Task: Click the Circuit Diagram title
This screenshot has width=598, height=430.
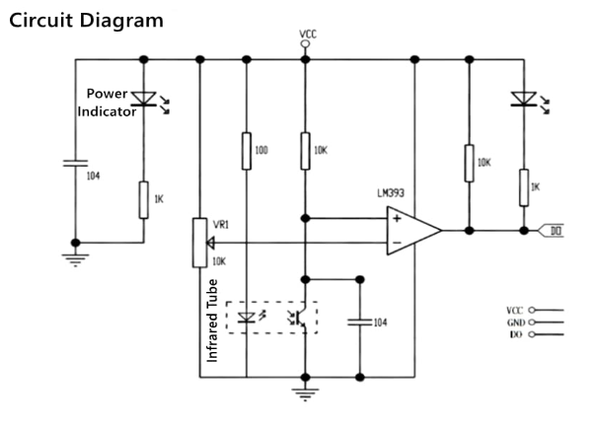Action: tap(86, 21)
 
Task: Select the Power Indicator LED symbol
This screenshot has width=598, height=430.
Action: tap(144, 99)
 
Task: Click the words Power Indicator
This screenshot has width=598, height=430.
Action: tap(109, 104)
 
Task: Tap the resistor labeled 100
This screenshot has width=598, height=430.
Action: tap(246, 151)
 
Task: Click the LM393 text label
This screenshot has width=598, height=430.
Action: tap(393, 193)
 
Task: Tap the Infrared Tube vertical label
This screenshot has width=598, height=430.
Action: tap(211, 321)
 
